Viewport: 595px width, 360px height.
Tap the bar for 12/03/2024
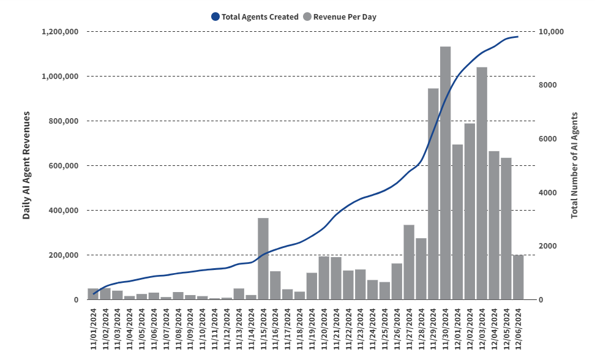point(482,184)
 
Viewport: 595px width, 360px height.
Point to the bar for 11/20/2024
point(324,278)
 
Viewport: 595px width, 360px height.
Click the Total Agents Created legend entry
point(254,17)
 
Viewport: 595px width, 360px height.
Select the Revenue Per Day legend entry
point(339,17)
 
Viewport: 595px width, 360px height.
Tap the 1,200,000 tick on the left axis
point(60,31)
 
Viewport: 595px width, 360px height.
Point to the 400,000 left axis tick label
point(64,211)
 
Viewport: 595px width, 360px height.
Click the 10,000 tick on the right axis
point(551,31)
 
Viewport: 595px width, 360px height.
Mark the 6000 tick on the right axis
point(547,139)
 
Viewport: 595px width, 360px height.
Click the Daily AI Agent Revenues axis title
point(26,166)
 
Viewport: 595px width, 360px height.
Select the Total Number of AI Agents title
point(574,166)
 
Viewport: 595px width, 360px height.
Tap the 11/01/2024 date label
point(94,329)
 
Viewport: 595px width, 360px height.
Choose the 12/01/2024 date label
point(458,329)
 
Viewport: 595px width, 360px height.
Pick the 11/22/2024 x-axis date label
point(348,329)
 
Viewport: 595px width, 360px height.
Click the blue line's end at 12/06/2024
point(518,37)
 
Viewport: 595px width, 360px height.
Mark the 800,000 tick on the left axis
point(64,121)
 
